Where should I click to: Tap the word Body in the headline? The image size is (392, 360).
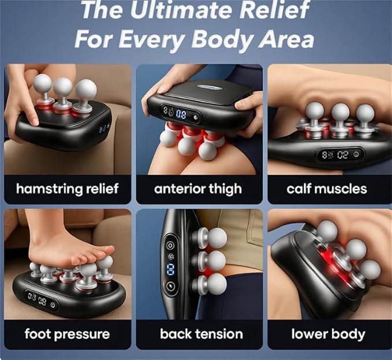click(x=222, y=39)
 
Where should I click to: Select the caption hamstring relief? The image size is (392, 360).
click(x=67, y=189)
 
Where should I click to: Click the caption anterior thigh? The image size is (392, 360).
click(x=198, y=189)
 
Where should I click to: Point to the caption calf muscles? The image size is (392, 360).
click(x=327, y=189)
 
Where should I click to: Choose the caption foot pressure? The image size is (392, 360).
click(x=67, y=334)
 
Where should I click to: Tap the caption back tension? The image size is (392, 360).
click(x=201, y=334)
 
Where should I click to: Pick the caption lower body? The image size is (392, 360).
click(x=328, y=334)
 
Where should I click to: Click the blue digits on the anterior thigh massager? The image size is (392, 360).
click(x=181, y=114)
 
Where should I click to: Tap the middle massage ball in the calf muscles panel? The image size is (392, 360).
click(x=340, y=112)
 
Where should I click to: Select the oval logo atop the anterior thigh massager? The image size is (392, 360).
click(x=208, y=87)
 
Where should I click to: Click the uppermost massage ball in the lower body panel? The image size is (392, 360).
click(x=327, y=231)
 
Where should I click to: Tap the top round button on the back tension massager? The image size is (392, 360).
click(x=170, y=245)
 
